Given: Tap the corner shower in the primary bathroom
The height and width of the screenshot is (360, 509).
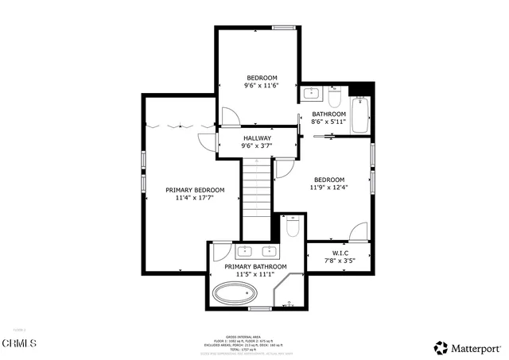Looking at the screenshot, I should coord(290,293).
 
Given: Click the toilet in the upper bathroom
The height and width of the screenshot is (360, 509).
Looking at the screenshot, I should coord(335,99).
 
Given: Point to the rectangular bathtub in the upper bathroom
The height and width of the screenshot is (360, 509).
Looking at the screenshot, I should coord(360,116).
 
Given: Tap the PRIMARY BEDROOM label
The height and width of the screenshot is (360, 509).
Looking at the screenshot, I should coord(195,190).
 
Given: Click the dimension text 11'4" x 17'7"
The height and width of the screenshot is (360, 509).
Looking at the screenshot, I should coord(195,199).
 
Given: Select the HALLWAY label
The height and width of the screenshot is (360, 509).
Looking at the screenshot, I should coord(256,137).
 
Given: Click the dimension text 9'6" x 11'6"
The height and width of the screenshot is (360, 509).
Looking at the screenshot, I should coord(259,86).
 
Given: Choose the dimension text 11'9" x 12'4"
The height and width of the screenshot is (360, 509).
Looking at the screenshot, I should coord(328,188).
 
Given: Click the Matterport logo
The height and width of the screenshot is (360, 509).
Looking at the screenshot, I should coord(468,347).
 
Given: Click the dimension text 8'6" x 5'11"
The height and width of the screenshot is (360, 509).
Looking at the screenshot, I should coord(328,122).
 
